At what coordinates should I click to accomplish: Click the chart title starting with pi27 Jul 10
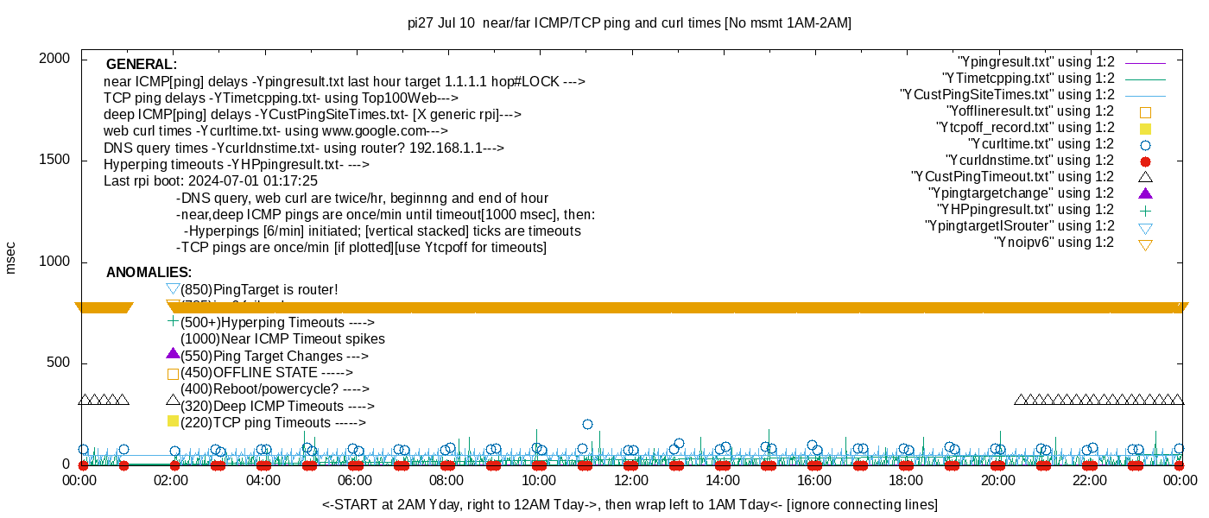pos(630,23)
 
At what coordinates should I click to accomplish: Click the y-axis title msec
pos(11,256)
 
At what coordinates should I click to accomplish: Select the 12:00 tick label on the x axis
pos(630,481)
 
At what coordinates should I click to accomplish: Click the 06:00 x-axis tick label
pos(355,481)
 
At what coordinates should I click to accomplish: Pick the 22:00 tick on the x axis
pos(1089,481)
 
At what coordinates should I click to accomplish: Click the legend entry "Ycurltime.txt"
pos(1041,144)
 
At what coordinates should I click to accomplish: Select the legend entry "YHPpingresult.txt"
pos(1026,210)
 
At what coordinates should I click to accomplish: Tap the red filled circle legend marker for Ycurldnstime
pos(1146,161)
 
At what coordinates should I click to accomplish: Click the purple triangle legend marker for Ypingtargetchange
pos(1146,193)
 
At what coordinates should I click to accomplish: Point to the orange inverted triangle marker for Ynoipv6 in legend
pos(1146,244)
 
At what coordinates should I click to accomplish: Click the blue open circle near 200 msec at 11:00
pos(587,424)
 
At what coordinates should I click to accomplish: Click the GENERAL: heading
pos(142,65)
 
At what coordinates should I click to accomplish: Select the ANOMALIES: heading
pos(149,273)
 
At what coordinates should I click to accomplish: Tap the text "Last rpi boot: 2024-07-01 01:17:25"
pos(211,181)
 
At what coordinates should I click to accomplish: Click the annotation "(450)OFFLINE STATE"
pos(267,373)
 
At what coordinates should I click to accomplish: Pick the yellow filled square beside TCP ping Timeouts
pos(173,421)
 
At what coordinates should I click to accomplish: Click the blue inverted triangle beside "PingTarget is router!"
pos(173,288)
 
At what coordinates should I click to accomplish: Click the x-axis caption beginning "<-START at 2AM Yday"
pos(630,504)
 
